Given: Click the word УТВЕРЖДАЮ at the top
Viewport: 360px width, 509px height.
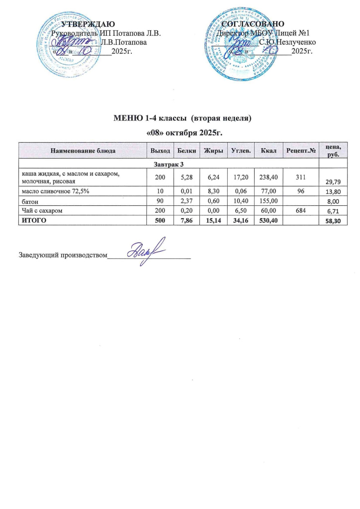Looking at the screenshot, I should [89, 24].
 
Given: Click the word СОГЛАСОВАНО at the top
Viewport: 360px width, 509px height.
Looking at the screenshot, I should [253, 24].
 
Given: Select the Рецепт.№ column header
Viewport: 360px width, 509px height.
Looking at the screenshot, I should [301, 150].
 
